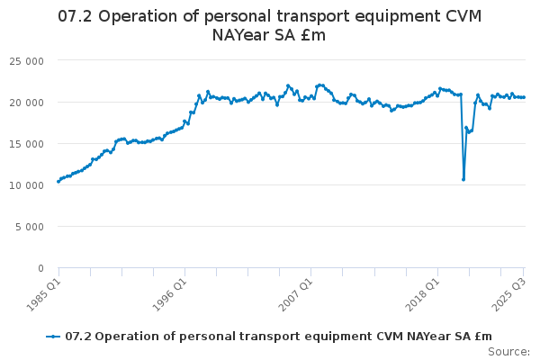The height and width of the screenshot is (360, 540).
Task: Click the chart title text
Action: tap(269, 25)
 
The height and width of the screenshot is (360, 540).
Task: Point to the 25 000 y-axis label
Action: tap(26, 62)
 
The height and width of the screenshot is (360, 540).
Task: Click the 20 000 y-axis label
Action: tap(26, 103)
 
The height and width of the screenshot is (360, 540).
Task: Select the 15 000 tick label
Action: tap(26, 144)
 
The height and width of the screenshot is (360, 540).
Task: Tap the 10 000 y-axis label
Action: tap(26, 185)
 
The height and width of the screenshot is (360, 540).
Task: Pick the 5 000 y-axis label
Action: tap(30, 227)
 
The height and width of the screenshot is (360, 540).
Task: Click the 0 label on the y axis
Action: tap(41, 268)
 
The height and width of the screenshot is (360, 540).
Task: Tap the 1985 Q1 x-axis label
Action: tap(44, 295)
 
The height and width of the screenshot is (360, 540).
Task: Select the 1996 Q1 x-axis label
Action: tap(170, 295)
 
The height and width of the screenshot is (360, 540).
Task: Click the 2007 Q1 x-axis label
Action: tap(296, 295)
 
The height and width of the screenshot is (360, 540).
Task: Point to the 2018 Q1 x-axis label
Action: tap(423, 295)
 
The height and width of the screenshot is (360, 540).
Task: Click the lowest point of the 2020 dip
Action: tap(463, 179)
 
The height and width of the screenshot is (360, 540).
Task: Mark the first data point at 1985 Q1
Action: tap(58, 182)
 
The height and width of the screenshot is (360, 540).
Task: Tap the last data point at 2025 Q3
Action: tap(524, 97)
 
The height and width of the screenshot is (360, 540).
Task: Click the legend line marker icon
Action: tap(53, 337)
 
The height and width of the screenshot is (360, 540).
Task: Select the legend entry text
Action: tap(279, 337)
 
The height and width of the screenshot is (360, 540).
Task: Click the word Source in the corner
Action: tap(509, 352)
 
